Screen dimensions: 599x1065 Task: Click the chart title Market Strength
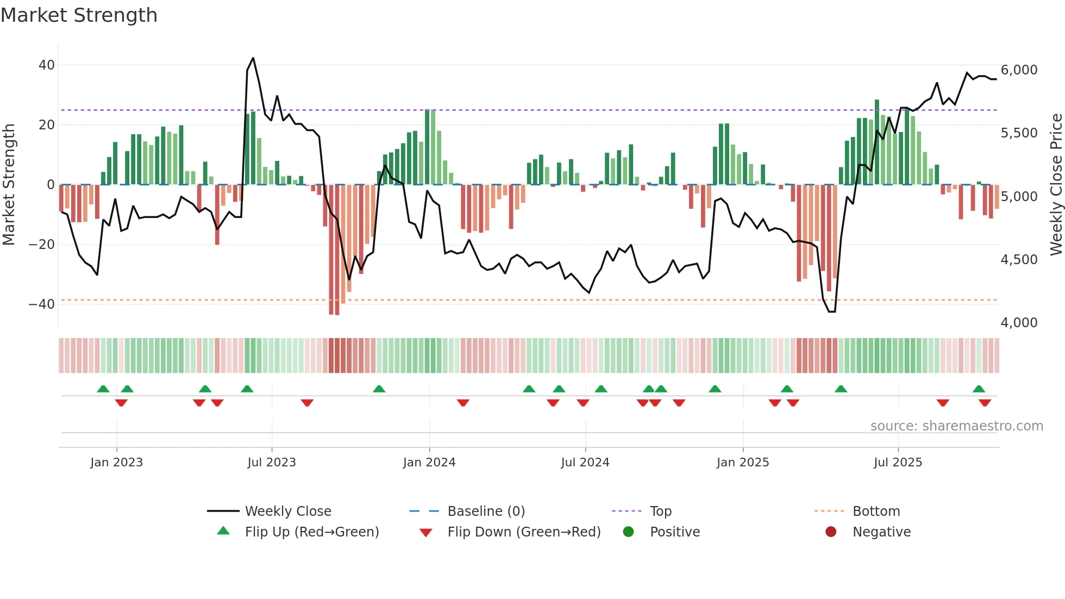click(x=79, y=15)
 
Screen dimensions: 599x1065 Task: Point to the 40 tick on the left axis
click(x=47, y=65)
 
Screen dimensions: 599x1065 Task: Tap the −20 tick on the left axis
click(x=42, y=245)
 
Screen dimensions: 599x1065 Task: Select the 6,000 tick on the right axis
click(x=1019, y=70)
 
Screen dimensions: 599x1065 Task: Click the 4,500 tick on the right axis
click(x=1019, y=260)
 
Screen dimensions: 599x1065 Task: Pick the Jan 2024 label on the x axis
click(x=429, y=463)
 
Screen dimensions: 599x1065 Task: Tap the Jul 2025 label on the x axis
click(x=898, y=463)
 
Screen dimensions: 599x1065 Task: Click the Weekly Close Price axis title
click(x=1056, y=184)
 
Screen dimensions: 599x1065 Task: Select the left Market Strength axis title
click(x=9, y=184)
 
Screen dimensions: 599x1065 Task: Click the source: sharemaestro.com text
click(x=956, y=426)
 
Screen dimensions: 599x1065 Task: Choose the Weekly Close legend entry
click(x=287, y=511)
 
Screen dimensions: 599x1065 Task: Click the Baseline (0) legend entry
click(x=486, y=511)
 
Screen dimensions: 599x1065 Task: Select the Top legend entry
click(x=660, y=511)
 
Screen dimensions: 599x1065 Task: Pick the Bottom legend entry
click(x=876, y=511)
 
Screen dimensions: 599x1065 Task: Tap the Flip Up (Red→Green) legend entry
click(x=311, y=532)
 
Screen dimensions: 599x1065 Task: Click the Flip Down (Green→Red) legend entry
click(x=524, y=532)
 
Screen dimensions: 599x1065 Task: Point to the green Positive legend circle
click(x=628, y=532)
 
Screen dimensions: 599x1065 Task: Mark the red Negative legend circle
click(x=831, y=532)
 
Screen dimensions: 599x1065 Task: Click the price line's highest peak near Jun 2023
click(x=253, y=58)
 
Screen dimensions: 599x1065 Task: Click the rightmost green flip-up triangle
click(x=979, y=389)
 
